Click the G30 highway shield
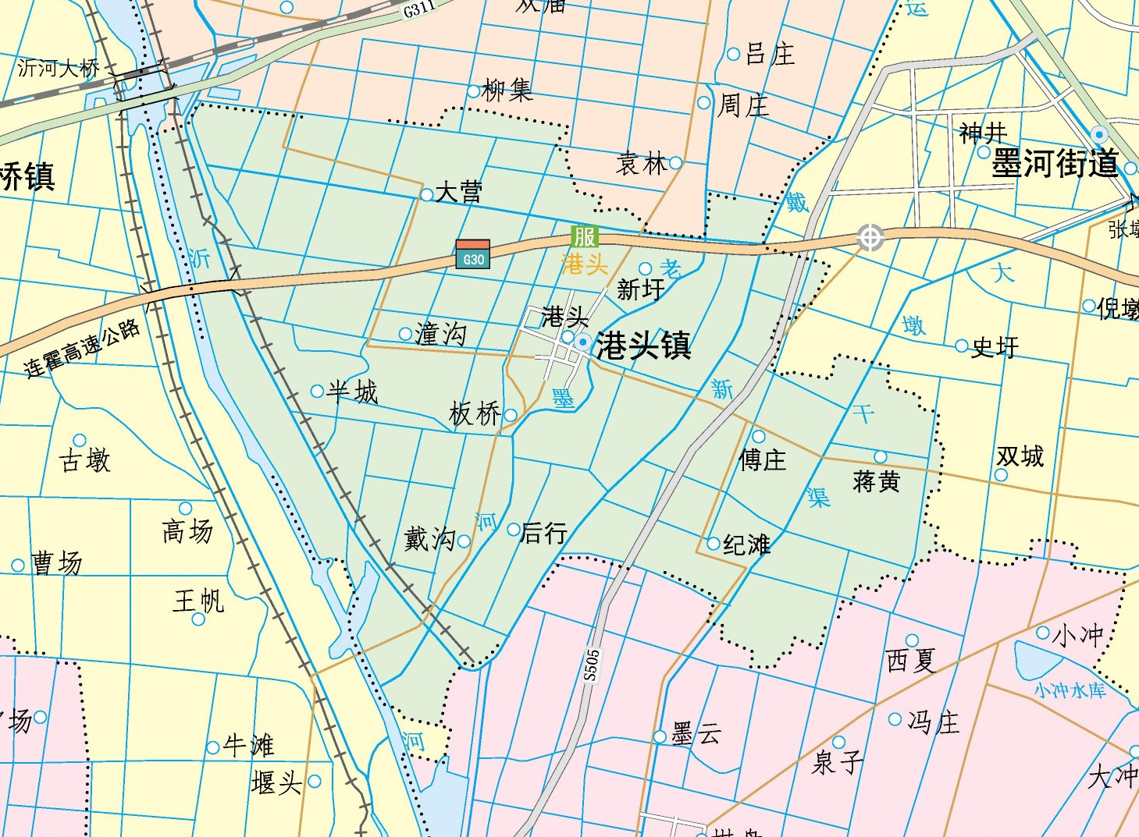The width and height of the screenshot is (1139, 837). point(473,254)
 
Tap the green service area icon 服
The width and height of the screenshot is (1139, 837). point(584,236)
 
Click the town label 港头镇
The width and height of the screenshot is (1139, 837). point(643,345)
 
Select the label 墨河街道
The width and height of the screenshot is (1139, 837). point(1055,165)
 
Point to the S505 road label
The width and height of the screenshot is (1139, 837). point(592,665)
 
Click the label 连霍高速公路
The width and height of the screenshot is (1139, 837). point(82,349)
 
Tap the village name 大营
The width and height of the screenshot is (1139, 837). point(458,192)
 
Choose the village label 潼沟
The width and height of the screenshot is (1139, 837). point(441,334)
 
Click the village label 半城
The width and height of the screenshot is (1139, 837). point(352,391)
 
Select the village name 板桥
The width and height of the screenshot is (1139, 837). point(475,413)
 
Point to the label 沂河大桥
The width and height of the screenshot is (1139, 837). point(59,69)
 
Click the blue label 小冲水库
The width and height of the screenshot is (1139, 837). point(1070,690)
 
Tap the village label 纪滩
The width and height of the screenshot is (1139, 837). point(747,544)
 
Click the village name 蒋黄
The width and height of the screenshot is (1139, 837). point(876,481)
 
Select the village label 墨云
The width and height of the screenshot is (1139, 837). point(696,733)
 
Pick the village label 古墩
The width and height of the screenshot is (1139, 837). point(85,460)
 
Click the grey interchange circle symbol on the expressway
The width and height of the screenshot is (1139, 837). point(870,237)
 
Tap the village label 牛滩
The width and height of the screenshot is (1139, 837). point(248,745)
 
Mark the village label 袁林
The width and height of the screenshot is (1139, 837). point(641,163)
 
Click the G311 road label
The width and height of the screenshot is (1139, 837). point(419,9)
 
